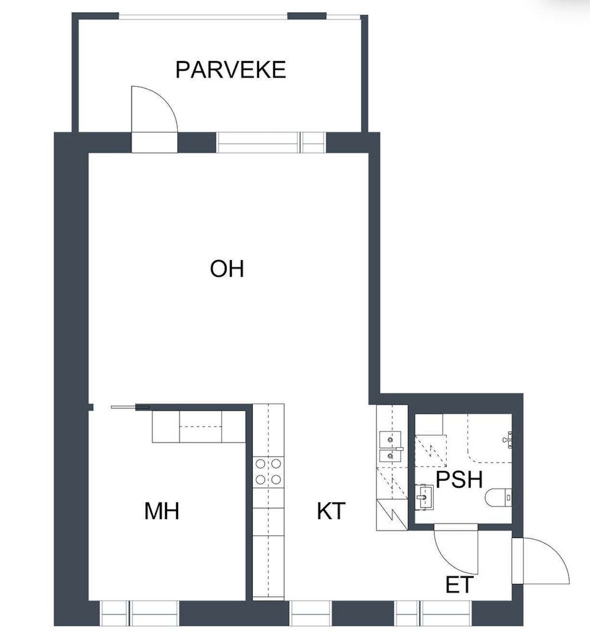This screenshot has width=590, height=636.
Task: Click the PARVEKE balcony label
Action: click(231, 70)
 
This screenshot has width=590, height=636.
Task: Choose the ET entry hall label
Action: click(459, 585)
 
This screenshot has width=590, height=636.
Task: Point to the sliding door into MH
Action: click(130, 407)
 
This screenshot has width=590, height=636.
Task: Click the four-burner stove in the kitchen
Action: click(268, 471)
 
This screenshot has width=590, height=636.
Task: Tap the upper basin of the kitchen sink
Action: click(390, 440)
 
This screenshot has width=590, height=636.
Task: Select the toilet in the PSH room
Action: click(499, 498)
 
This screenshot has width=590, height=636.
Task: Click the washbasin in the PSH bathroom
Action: click(424, 497)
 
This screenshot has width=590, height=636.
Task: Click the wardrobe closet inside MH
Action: click(199, 427)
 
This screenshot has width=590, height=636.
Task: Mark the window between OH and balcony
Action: click(271, 142)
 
